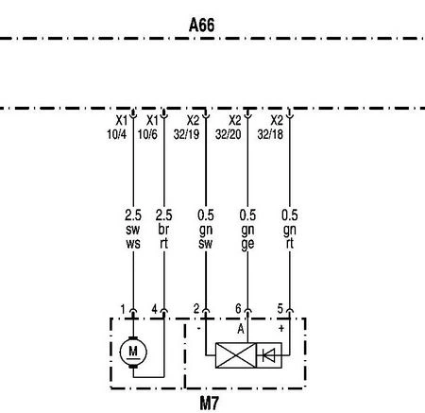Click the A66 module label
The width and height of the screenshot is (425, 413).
tap(202, 25)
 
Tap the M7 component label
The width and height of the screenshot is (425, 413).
tap(210, 403)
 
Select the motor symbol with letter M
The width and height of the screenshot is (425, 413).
tap(133, 352)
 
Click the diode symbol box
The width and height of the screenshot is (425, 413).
tap(269, 355)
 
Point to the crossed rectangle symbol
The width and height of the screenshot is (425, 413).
tap(236, 355)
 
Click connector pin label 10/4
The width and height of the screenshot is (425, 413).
tap(116, 134)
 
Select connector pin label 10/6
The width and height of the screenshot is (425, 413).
tap(147, 134)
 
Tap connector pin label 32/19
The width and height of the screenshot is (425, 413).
tap(186, 134)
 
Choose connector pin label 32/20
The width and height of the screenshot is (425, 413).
tap(229, 134)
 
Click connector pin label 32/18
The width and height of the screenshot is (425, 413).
tap(270, 134)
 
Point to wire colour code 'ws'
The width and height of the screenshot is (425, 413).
tap(133, 244)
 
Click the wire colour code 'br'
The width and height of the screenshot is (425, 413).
tap(163, 230)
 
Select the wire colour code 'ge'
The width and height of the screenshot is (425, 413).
tap(247, 245)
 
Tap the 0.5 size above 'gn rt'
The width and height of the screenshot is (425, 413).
tap(290, 215)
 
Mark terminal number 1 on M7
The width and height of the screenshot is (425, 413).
tap(123, 309)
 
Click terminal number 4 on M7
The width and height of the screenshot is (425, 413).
tap(154, 309)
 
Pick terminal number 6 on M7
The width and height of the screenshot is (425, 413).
tap(238, 309)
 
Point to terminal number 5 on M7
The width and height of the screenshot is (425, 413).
tap(280, 309)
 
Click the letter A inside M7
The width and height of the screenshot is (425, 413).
tap(241, 329)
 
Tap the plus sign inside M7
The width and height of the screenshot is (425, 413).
tap(281, 329)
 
